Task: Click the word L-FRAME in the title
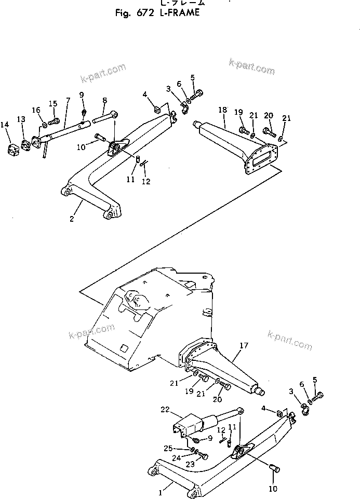[177, 13]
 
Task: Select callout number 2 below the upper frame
[72, 219]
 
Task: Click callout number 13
[21, 119]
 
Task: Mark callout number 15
[52, 103]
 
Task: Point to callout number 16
[36, 110]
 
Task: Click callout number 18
[222, 110]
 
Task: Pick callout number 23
[190, 465]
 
